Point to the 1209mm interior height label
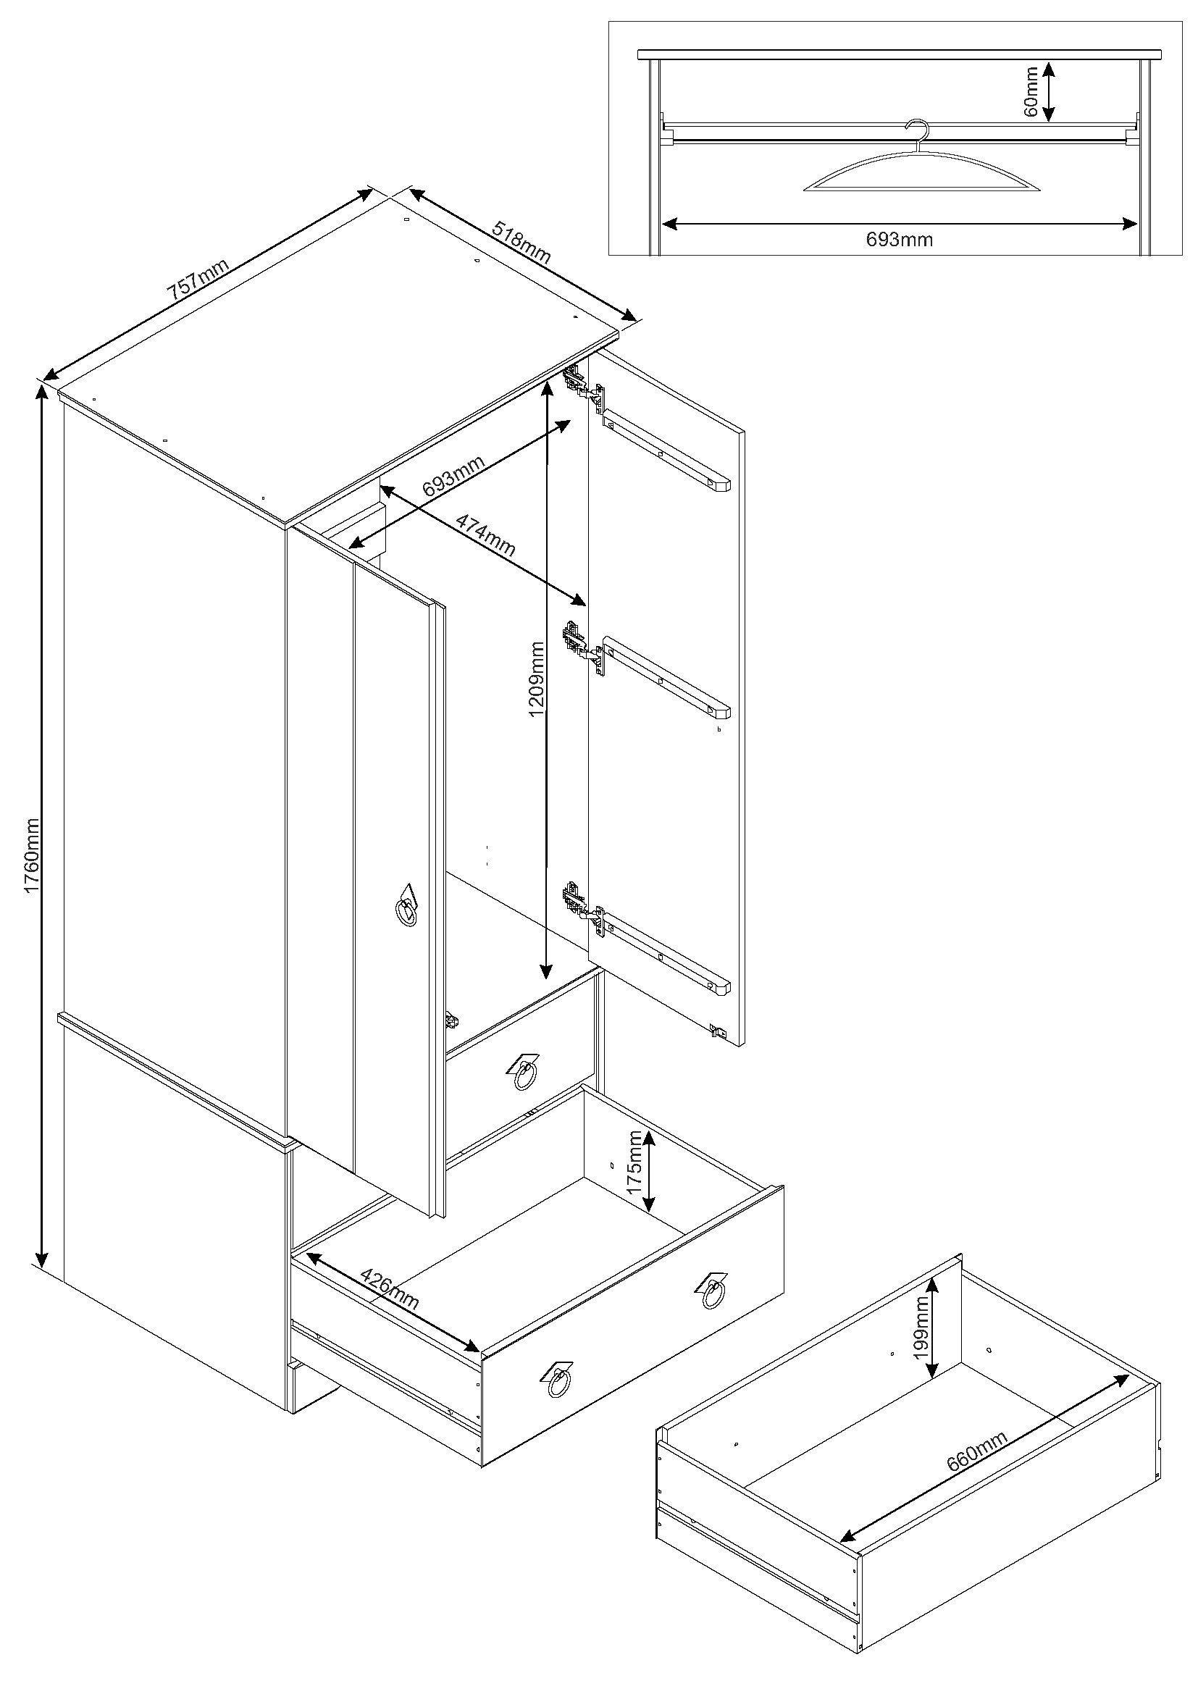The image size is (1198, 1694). tap(536, 679)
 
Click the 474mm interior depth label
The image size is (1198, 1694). tap(485, 534)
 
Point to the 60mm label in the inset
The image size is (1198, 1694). tap(1031, 91)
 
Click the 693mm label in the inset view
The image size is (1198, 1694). tap(898, 239)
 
